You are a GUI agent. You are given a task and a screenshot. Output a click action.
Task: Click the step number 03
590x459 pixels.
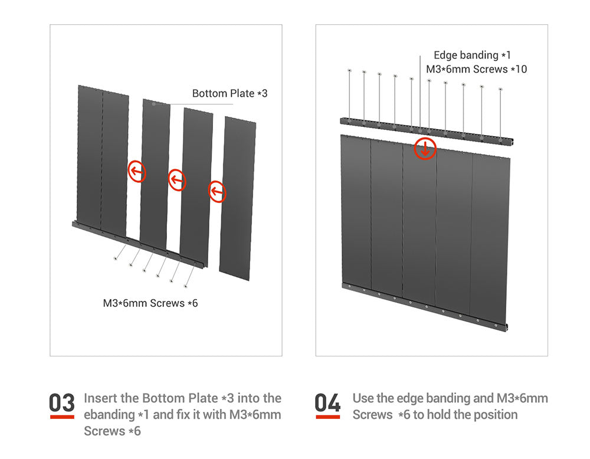[62, 402]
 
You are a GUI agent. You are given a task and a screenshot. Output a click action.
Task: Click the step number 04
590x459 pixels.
[327, 402]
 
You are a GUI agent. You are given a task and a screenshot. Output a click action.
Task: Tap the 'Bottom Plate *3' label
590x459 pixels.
[230, 93]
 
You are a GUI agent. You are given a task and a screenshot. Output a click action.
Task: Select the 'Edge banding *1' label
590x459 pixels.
[472, 55]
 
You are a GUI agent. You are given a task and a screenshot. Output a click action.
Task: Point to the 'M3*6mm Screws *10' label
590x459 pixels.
[476, 69]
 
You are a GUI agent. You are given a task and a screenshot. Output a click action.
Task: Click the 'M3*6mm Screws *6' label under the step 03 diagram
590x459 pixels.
[150, 303]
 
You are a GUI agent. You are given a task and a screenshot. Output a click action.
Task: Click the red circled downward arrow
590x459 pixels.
[425, 149]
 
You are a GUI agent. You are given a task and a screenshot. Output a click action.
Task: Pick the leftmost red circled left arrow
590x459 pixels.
[137, 172]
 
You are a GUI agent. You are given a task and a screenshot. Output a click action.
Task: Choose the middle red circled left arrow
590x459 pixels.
[177, 180]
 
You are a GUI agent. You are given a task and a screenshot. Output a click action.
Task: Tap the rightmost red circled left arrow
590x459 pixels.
[217, 192]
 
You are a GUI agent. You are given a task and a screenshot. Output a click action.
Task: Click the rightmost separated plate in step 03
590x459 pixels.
[237, 198]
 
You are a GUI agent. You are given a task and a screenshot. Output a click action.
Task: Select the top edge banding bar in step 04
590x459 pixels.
[427, 131]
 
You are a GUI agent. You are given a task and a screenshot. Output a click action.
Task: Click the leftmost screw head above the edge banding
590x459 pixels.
[349, 70]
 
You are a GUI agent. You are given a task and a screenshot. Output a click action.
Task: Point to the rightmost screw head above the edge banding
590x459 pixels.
[500, 89]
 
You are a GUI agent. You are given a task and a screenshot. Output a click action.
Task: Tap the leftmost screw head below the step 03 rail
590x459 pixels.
[115, 258]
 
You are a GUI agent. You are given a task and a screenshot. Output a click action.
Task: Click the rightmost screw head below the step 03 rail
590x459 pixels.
[185, 286]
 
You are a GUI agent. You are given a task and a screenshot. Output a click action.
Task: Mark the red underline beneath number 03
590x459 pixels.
[62, 417]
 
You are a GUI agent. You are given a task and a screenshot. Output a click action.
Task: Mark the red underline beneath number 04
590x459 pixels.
[327, 417]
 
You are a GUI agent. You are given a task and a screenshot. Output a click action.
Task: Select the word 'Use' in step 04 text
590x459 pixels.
[363, 398]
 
